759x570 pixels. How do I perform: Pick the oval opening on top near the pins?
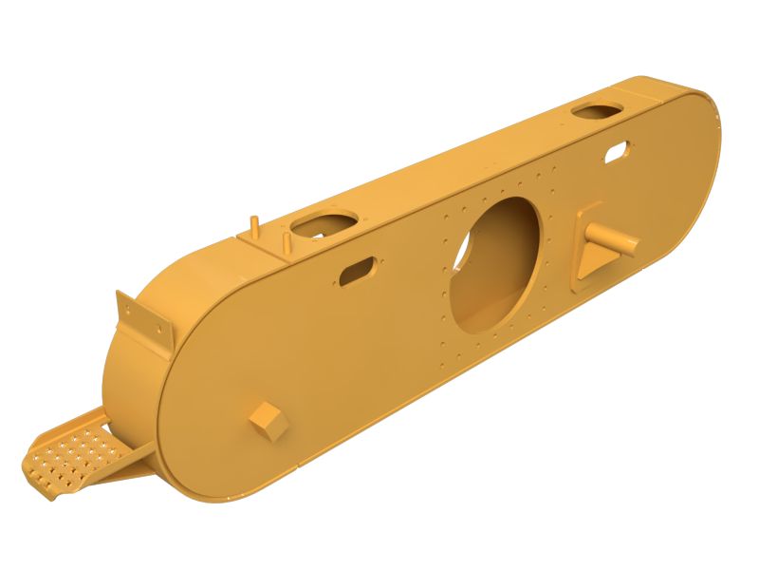[323, 225]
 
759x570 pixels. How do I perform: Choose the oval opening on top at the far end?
[597, 112]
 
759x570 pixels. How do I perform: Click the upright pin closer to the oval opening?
[284, 242]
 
